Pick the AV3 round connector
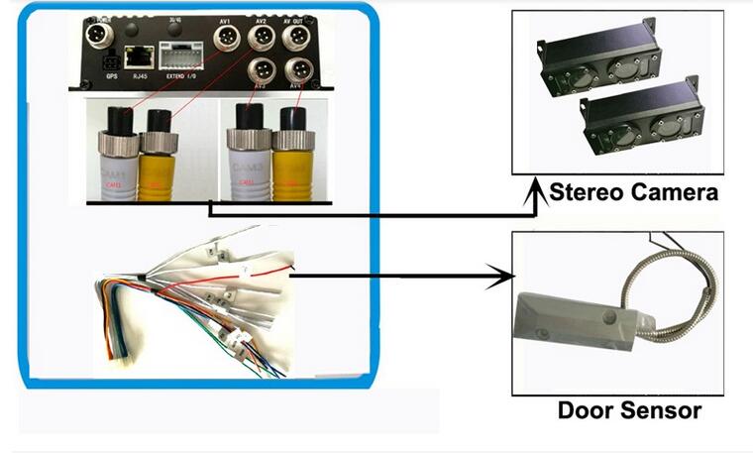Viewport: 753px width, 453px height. [262, 71]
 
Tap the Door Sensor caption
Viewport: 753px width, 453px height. [629, 409]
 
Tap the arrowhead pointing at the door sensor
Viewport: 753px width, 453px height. [506, 278]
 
